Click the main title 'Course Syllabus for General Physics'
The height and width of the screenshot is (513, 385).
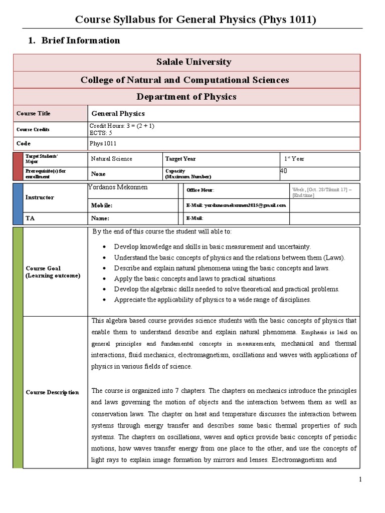[x=195, y=20]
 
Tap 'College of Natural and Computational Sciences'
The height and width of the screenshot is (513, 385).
[x=184, y=80]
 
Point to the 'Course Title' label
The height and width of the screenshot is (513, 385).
[x=34, y=114]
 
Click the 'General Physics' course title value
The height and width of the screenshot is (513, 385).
[x=118, y=114]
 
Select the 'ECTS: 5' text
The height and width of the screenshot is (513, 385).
[x=101, y=133]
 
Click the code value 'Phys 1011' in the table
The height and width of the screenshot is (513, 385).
[x=103, y=143]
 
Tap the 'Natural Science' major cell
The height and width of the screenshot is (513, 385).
[x=111, y=159]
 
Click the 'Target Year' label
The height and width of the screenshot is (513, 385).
[x=180, y=159]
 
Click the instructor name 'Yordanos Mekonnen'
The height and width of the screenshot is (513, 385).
[x=118, y=187]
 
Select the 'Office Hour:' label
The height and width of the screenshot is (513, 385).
[x=200, y=190]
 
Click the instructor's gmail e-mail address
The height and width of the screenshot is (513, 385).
[x=236, y=205]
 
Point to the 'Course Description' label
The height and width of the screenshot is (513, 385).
[x=52, y=392]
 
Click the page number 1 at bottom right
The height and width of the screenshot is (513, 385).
[x=360, y=480]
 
